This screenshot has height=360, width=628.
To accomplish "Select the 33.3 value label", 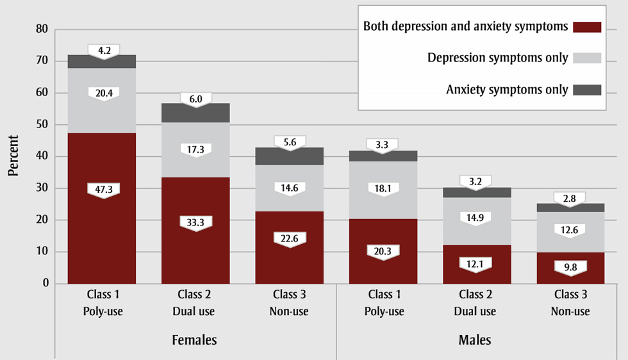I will coord(195,222).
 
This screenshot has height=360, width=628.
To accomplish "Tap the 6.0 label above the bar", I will coord(195,99).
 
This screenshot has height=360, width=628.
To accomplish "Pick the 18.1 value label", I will coord(383,188).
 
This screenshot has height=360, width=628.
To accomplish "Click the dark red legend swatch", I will coord(587,27).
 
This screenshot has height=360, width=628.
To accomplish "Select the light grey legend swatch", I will coord(587,58).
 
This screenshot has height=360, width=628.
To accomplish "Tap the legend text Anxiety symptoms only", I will coord(507,90).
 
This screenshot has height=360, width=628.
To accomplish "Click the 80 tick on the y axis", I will coord(42,29).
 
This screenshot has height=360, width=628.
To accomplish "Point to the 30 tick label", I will coord(42,188).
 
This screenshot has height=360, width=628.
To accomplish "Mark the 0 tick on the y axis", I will coord(45,283).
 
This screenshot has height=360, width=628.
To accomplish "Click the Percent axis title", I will coord(13,156).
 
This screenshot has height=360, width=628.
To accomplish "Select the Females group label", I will coord(195,340).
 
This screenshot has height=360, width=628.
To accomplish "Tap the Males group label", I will coord(476,340).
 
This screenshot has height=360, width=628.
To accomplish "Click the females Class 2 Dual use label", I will coord(195,303).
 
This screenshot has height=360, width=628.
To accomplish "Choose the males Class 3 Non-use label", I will coord(570,303).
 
